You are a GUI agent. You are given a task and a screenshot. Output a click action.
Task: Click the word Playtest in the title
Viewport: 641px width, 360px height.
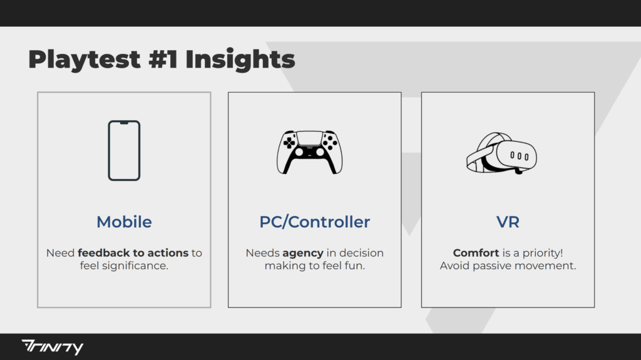click(85, 59)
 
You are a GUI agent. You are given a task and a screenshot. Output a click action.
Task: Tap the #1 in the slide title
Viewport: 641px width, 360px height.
click(163, 59)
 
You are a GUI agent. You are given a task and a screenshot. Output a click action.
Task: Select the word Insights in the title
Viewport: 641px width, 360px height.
click(240, 59)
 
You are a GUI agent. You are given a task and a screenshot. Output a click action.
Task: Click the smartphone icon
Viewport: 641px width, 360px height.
click(125, 150)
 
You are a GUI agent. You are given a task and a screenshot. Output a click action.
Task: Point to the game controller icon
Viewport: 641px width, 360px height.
click(309, 152)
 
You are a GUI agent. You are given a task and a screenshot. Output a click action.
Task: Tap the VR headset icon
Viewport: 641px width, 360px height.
click(501, 153)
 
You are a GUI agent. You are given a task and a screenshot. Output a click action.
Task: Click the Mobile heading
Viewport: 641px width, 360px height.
click(125, 222)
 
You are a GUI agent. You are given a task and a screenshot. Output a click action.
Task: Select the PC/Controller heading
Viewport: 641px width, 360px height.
click(315, 222)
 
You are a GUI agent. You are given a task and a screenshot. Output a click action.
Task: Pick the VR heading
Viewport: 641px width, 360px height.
click(508, 222)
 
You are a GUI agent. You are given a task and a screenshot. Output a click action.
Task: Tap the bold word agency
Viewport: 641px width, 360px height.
click(303, 253)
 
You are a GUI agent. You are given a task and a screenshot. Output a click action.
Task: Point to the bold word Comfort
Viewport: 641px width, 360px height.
click(476, 253)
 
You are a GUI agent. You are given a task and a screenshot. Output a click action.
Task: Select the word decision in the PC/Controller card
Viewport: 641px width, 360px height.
click(361, 253)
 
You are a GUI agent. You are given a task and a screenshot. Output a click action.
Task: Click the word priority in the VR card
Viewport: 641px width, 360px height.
click(543, 253)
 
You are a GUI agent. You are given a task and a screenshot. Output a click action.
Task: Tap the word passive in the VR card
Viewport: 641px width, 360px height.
click(489, 266)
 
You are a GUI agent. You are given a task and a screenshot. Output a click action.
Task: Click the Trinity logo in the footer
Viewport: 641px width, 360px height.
click(53, 347)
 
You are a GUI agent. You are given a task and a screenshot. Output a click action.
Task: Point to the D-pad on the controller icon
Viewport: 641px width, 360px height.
click(289, 142)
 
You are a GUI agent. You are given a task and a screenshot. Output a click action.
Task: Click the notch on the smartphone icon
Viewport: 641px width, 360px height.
click(125, 123)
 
